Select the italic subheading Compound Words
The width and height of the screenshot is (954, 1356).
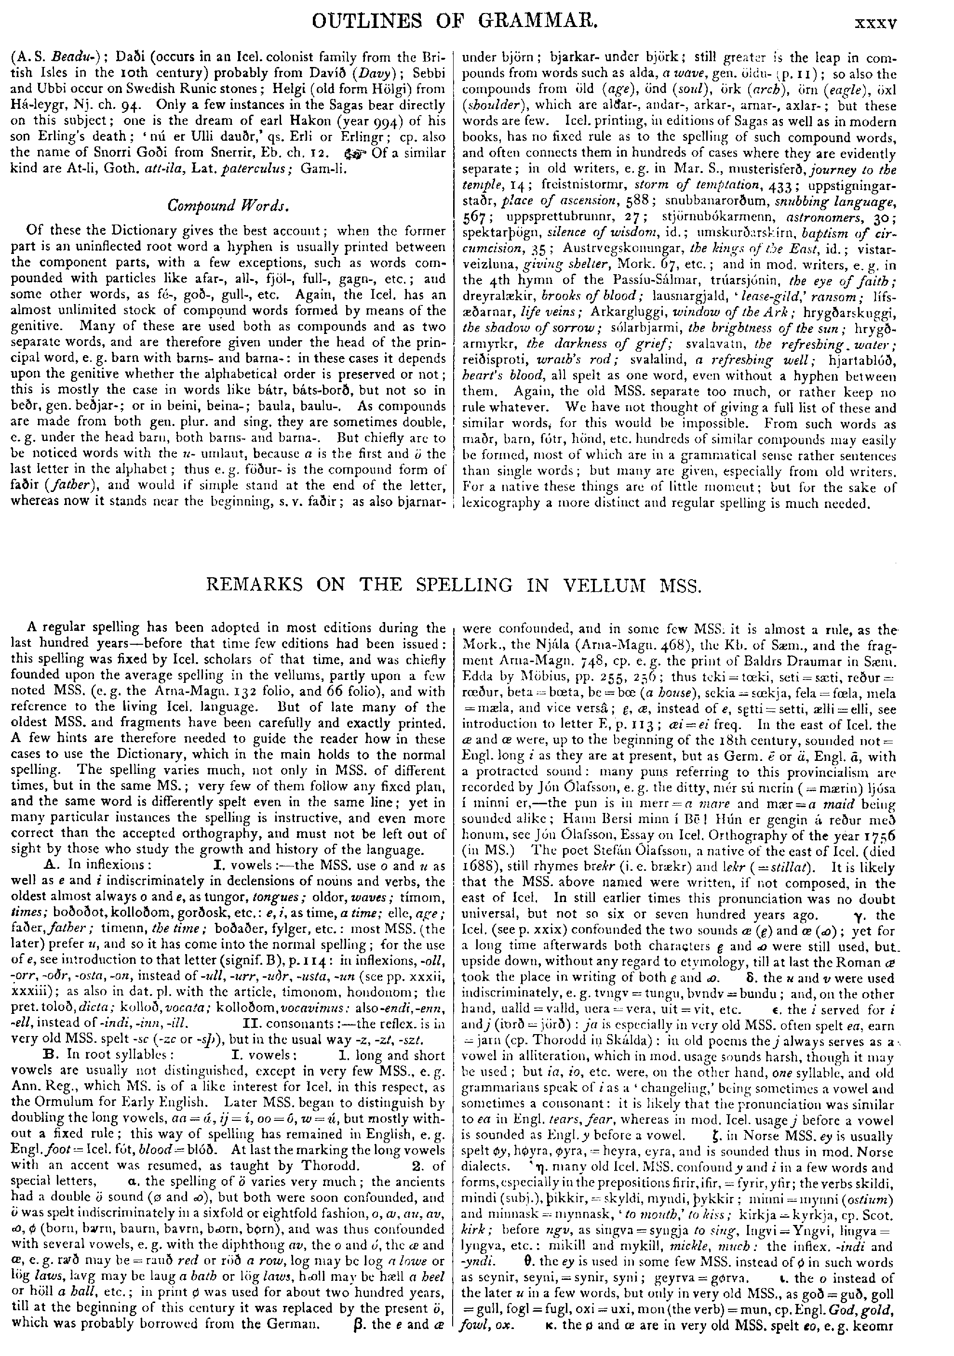(x=228, y=206)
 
